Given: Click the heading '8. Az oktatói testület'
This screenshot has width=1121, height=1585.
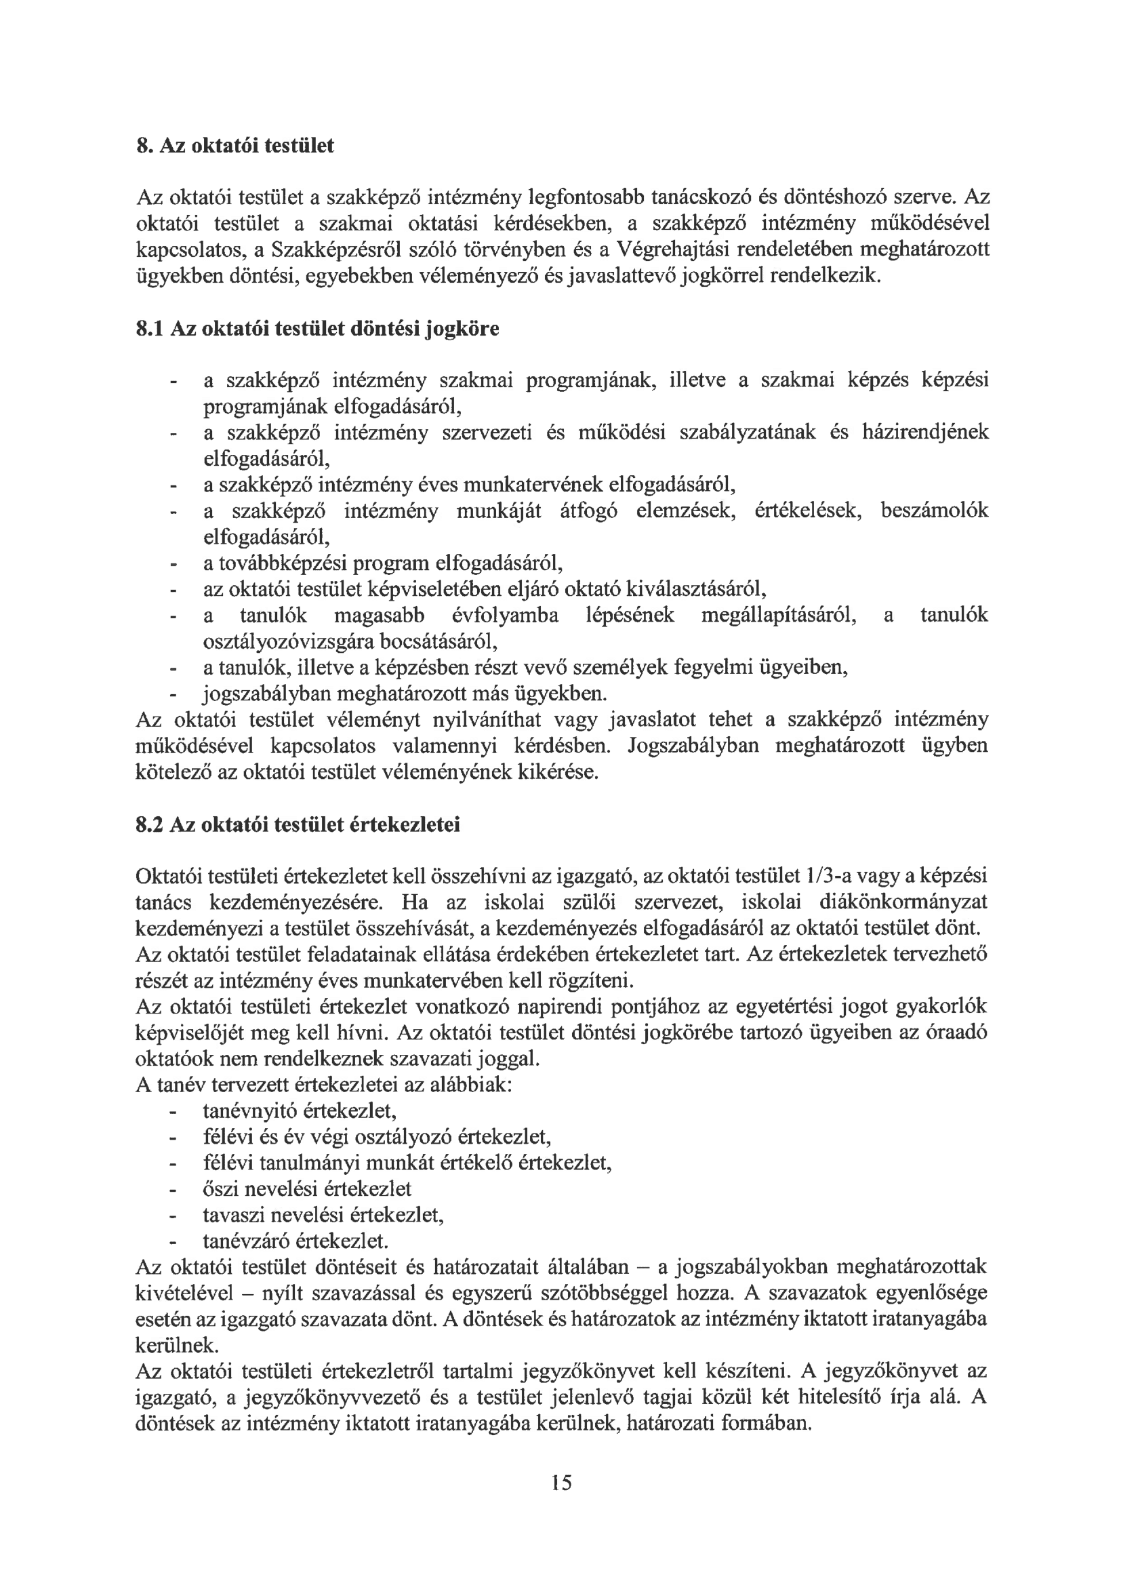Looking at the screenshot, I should point(235,146).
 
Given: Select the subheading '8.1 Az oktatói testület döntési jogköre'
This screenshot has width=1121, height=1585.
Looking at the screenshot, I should point(317,328).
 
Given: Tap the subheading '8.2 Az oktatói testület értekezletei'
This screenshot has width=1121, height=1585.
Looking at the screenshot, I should point(298,824).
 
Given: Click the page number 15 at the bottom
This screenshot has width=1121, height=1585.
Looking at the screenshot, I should point(561,1481).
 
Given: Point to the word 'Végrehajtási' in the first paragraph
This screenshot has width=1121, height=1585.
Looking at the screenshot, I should point(674,249).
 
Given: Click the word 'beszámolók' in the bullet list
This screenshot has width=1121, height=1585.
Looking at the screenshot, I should point(934,510).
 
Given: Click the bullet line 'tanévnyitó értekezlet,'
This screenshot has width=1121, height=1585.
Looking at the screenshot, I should point(300,1110).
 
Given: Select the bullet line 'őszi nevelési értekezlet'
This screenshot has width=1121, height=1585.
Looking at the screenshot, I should point(306,1189).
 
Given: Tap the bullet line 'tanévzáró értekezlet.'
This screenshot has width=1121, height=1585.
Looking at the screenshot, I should point(295,1241).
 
